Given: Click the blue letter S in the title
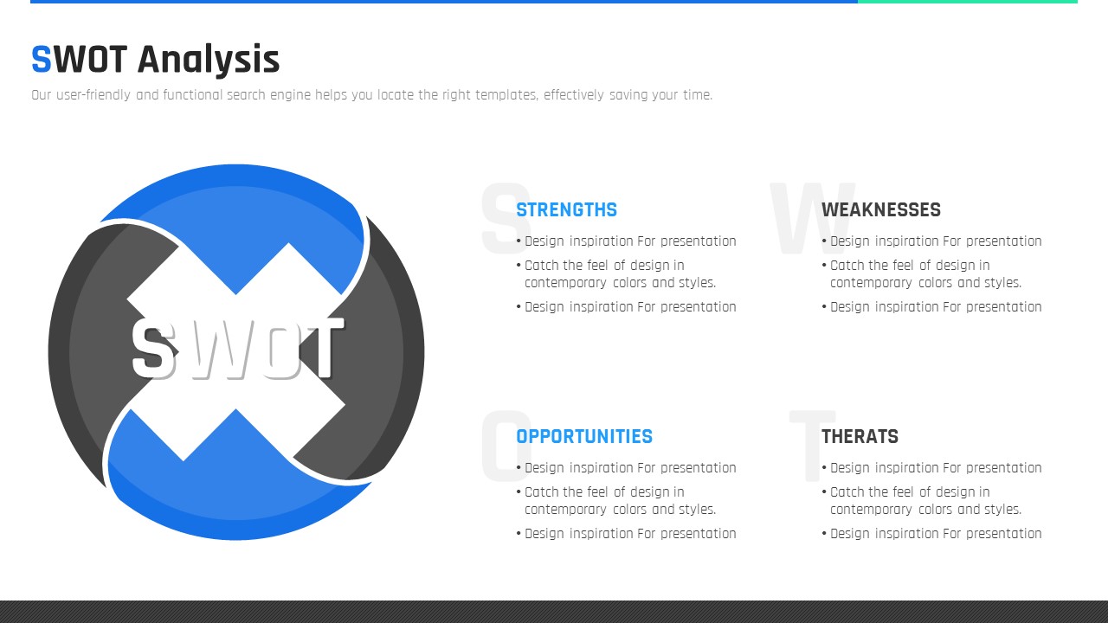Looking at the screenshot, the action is [x=42, y=60].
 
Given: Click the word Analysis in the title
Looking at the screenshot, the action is [x=209, y=61].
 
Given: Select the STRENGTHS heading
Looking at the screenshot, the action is [x=566, y=209].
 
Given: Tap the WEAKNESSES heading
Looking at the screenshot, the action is [x=881, y=209].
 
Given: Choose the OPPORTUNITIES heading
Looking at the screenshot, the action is [x=584, y=437].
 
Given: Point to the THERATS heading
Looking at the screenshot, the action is [x=860, y=437].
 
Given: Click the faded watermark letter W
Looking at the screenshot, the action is [x=813, y=217].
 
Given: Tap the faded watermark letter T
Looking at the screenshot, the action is [x=812, y=445].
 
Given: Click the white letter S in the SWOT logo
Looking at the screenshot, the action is [x=154, y=349].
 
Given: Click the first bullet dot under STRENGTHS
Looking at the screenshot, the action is [x=519, y=241].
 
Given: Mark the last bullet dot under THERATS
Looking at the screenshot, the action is [x=825, y=534].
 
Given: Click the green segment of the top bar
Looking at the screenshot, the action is [x=968, y=2].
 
